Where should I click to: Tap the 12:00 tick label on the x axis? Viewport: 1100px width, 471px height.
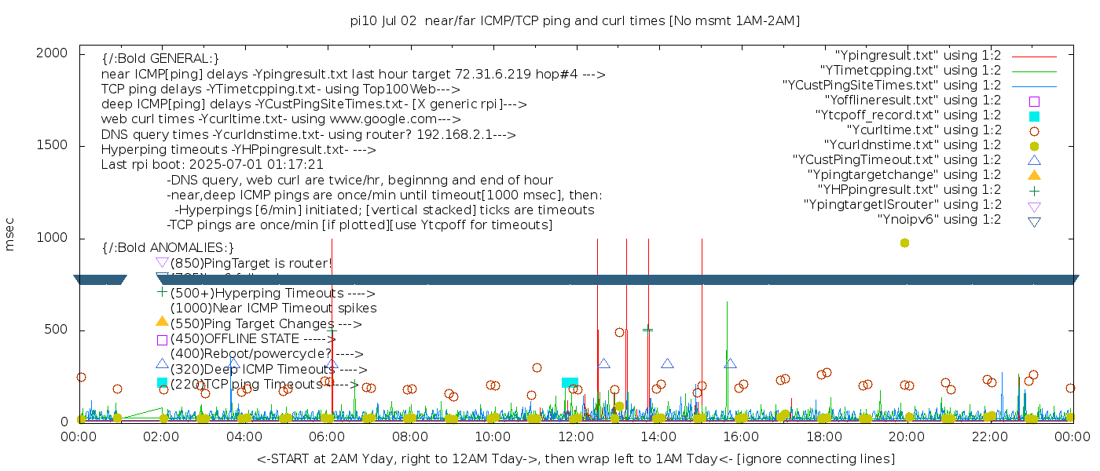pyautogui.click(x=574, y=436)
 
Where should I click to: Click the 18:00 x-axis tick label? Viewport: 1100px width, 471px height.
pyautogui.click(x=823, y=436)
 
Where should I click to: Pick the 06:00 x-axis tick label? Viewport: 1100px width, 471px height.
pyautogui.click(x=326, y=436)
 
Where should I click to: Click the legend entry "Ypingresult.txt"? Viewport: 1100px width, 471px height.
pyautogui.click(x=918, y=56)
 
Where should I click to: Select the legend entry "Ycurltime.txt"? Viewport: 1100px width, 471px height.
pyautogui.click(x=923, y=130)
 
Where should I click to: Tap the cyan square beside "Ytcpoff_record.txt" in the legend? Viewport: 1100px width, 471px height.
pyautogui.click(x=1034, y=116)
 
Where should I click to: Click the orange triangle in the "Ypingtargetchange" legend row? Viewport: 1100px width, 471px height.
pyautogui.click(x=1034, y=175)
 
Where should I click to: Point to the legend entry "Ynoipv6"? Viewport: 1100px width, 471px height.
pyautogui.click(x=939, y=220)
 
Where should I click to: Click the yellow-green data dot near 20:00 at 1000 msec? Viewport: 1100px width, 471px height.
pyautogui.click(x=904, y=243)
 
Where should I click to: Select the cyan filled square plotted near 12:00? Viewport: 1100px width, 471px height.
pyautogui.click(x=570, y=382)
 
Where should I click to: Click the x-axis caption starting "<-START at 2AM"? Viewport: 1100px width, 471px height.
pyautogui.click(x=575, y=458)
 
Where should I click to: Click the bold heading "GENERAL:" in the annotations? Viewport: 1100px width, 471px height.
pyautogui.click(x=160, y=59)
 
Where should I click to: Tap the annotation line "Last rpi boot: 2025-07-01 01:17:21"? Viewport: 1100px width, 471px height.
pyautogui.click(x=212, y=165)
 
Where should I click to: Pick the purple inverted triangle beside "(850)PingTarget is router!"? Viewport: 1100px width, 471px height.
pyautogui.click(x=162, y=262)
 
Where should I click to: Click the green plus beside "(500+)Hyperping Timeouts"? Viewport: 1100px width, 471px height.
pyautogui.click(x=162, y=292)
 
